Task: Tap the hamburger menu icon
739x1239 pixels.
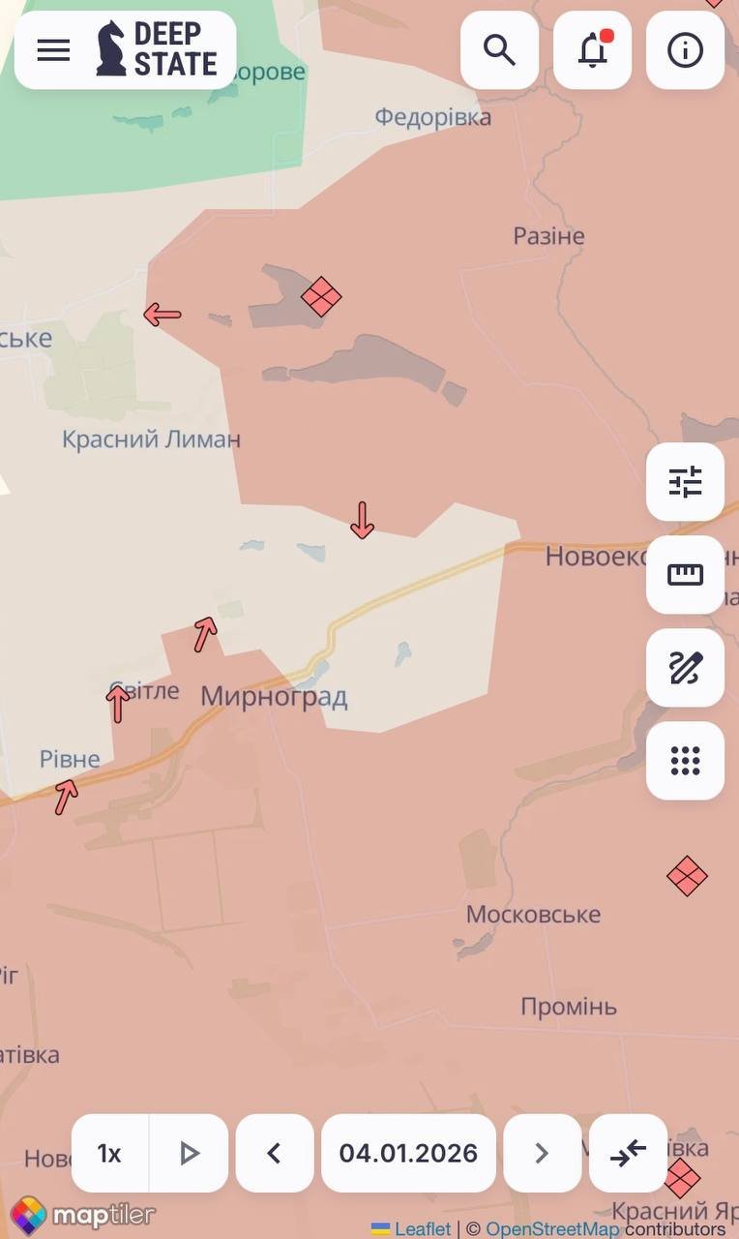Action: (x=53, y=50)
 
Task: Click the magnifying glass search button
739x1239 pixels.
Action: (x=499, y=50)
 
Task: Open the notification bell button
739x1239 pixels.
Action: (x=592, y=50)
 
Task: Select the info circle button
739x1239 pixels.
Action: (x=685, y=50)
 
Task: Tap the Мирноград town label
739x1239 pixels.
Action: (x=274, y=697)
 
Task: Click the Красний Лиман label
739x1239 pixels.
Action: (x=151, y=439)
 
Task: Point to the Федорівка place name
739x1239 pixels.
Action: (x=432, y=117)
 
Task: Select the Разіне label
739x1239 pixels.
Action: (x=548, y=236)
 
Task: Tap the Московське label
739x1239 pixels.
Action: (x=533, y=915)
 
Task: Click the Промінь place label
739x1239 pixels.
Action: (x=568, y=1007)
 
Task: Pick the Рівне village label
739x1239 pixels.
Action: (x=70, y=760)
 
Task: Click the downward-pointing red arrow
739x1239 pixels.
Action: (x=362, y=520)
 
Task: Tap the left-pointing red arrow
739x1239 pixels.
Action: (x=163, y=315)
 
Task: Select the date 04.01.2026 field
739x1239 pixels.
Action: (x=408, y=1153)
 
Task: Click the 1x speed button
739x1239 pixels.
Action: (x=109, y=1153)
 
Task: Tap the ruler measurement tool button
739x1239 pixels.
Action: (x=685, y=575)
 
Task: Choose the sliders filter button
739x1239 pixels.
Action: (x=685, y=482)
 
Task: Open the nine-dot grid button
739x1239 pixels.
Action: (x=685, y=761)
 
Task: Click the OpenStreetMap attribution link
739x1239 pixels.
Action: (x=552, y=1228)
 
